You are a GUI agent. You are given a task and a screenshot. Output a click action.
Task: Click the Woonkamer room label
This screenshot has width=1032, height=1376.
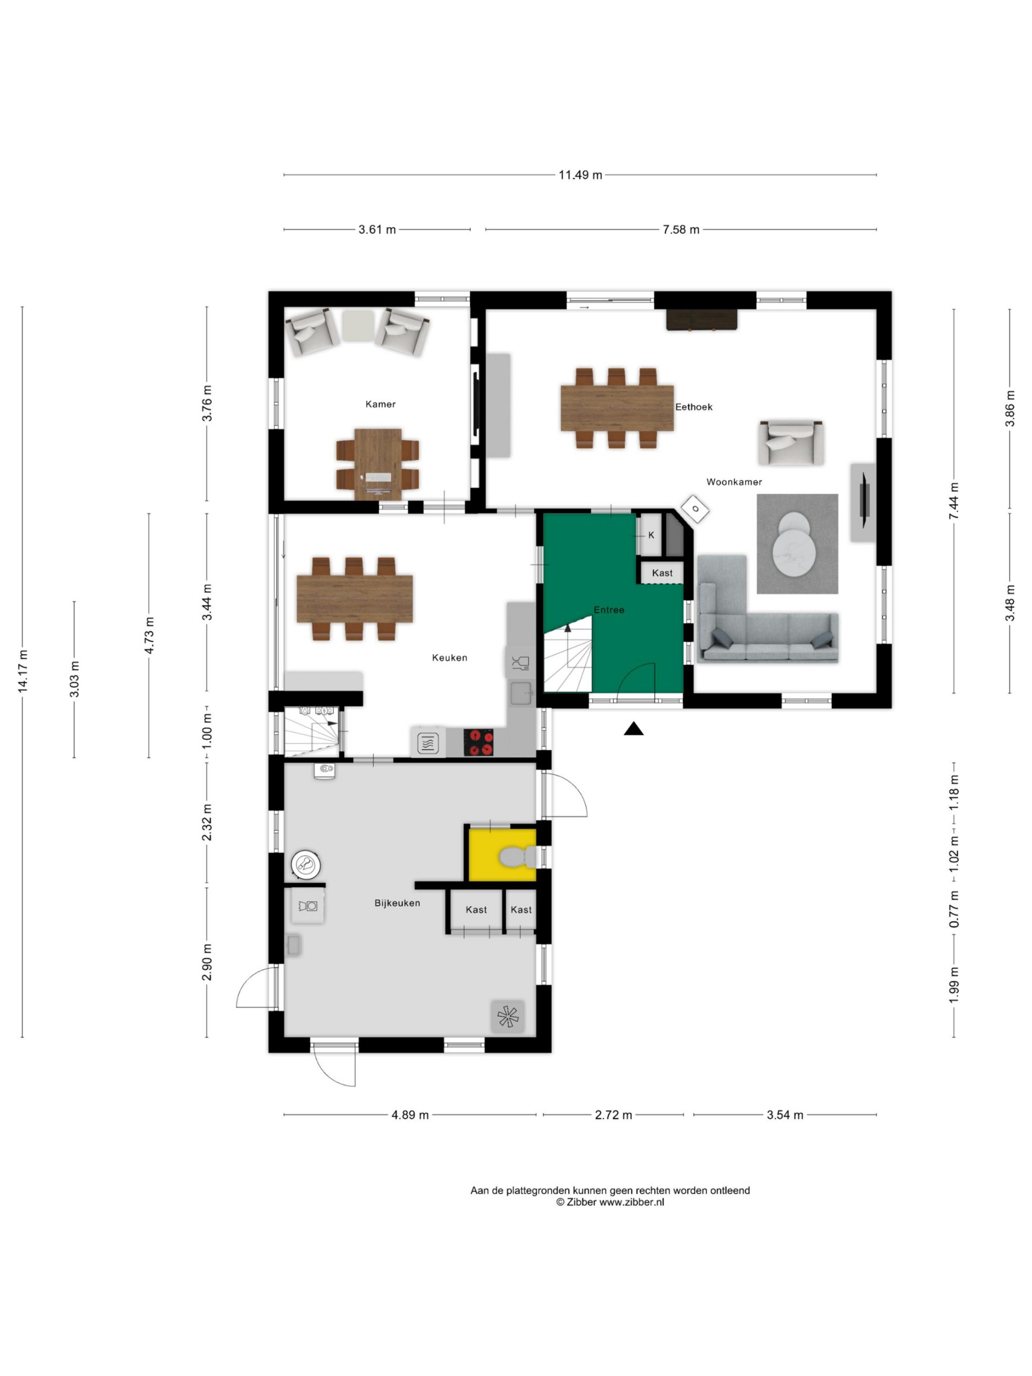[733, 482]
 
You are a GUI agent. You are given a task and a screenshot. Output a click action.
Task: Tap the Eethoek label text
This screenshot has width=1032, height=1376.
[693, 407]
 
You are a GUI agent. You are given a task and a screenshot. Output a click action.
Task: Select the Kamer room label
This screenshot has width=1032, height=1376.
[380, 404]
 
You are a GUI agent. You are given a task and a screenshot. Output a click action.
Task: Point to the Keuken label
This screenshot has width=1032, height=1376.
[449, 657]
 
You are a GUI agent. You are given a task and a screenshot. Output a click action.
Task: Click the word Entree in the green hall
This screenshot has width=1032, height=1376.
[608, 610]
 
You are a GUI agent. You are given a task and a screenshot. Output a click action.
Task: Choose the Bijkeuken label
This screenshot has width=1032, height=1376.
[397, 902]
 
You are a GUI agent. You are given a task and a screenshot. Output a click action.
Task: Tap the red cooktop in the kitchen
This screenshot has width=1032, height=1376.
[478, 742]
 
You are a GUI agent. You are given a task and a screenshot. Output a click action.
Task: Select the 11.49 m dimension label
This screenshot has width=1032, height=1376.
[580, 175]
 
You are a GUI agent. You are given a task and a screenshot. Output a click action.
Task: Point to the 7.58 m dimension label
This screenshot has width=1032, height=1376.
[680, 230]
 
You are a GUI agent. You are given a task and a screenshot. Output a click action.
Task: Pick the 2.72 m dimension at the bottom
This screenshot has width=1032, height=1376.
[613, 1115]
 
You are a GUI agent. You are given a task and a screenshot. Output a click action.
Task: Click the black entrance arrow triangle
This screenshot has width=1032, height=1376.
[633, 728]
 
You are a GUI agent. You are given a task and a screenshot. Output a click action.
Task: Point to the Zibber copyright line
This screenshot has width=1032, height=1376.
[610, 1202]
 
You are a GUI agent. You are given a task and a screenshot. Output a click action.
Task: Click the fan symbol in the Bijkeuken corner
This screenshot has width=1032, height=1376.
[507, 1016]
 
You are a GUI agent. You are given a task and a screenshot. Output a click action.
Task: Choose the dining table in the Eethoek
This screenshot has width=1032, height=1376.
[617, 408]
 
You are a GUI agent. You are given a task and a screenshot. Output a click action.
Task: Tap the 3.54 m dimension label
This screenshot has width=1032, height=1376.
[784, 1115]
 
